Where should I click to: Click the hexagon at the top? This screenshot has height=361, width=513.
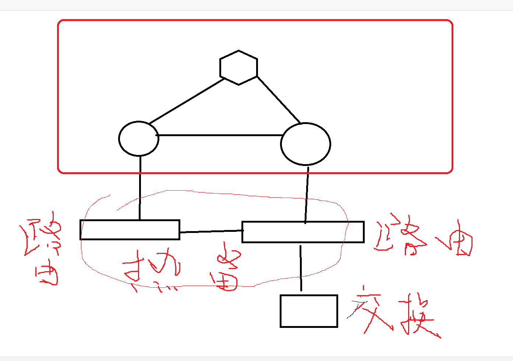point(238,68)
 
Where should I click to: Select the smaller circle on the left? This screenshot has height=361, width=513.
point(139,138)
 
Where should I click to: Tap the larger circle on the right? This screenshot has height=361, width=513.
point(305,144)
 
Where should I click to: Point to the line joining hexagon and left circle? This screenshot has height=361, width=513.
point(187,101)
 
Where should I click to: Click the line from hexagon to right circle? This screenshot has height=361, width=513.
point(279,99)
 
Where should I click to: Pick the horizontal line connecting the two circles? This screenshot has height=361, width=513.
point(220,135)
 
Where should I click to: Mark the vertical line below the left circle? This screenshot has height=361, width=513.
point(140,188)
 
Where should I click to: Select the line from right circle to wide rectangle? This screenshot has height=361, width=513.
point(307,195)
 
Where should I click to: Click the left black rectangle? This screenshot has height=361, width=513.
point(130,230)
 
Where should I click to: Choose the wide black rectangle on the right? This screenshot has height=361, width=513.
point(303,232)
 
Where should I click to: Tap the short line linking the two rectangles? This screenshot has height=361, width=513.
point(211,231)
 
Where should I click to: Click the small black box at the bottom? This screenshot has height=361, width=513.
point(309,311)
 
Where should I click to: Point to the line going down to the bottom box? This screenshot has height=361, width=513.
point(301,268)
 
